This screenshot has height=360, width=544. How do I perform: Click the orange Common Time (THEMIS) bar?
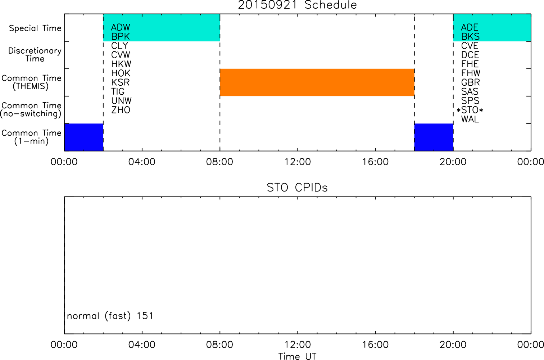(317, 82)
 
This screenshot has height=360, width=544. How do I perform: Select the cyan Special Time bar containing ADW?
(162, 27)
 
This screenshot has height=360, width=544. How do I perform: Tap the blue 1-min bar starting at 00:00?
(84, 137)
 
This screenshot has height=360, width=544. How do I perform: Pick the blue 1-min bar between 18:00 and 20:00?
(434, 137)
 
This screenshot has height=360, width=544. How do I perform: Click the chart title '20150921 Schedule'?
(297, 5)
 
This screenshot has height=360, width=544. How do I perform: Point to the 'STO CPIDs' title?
(297, 188)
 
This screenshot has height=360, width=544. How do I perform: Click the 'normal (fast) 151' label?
(110, 316)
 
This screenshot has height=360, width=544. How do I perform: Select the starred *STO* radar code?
(470, 110)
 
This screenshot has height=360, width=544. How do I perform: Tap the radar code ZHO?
(121, 110)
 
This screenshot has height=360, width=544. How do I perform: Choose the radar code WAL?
(470, 120)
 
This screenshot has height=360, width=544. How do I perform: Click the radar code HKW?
(121, 64)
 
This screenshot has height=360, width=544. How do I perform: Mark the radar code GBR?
(470, 82)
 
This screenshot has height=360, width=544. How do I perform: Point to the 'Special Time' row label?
(35, 28)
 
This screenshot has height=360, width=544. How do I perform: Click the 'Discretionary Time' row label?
(35, 55)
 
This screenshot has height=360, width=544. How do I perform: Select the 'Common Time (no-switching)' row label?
(31, 110)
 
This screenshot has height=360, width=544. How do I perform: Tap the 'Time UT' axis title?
(297, 356)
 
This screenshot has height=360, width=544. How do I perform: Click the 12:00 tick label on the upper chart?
(298, 162)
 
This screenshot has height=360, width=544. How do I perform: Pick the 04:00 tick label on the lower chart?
(142, 345)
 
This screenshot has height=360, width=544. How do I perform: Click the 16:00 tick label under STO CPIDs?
(376, 345)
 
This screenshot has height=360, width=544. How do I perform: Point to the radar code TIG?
(118, 92)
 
